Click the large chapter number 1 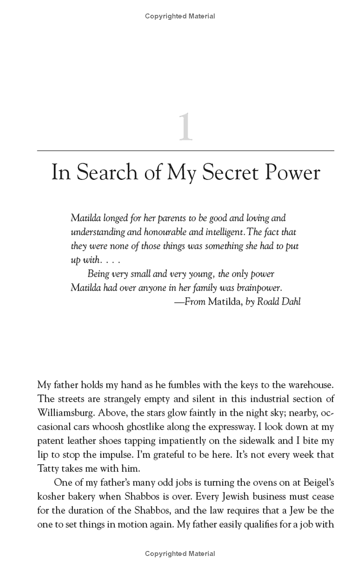click(185, 128)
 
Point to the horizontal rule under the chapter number click(185, 150)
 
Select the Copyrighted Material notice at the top click(180, 16)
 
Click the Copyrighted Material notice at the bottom click(180, 554)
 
